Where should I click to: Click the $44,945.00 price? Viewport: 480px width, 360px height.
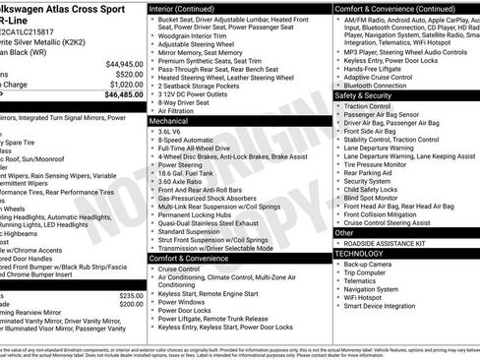pyautogui.click(x=121, y=63)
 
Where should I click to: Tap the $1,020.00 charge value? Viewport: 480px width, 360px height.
pyautogui.click(x=122, y=86)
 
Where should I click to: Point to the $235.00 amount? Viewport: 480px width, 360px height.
pyautogui.click(x=131, y=296)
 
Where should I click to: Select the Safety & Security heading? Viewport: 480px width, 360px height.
pyautogui.click(x=363, y=95)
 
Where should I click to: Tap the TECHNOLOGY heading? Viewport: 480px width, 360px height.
pyautogui.click(x=364, y=254)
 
